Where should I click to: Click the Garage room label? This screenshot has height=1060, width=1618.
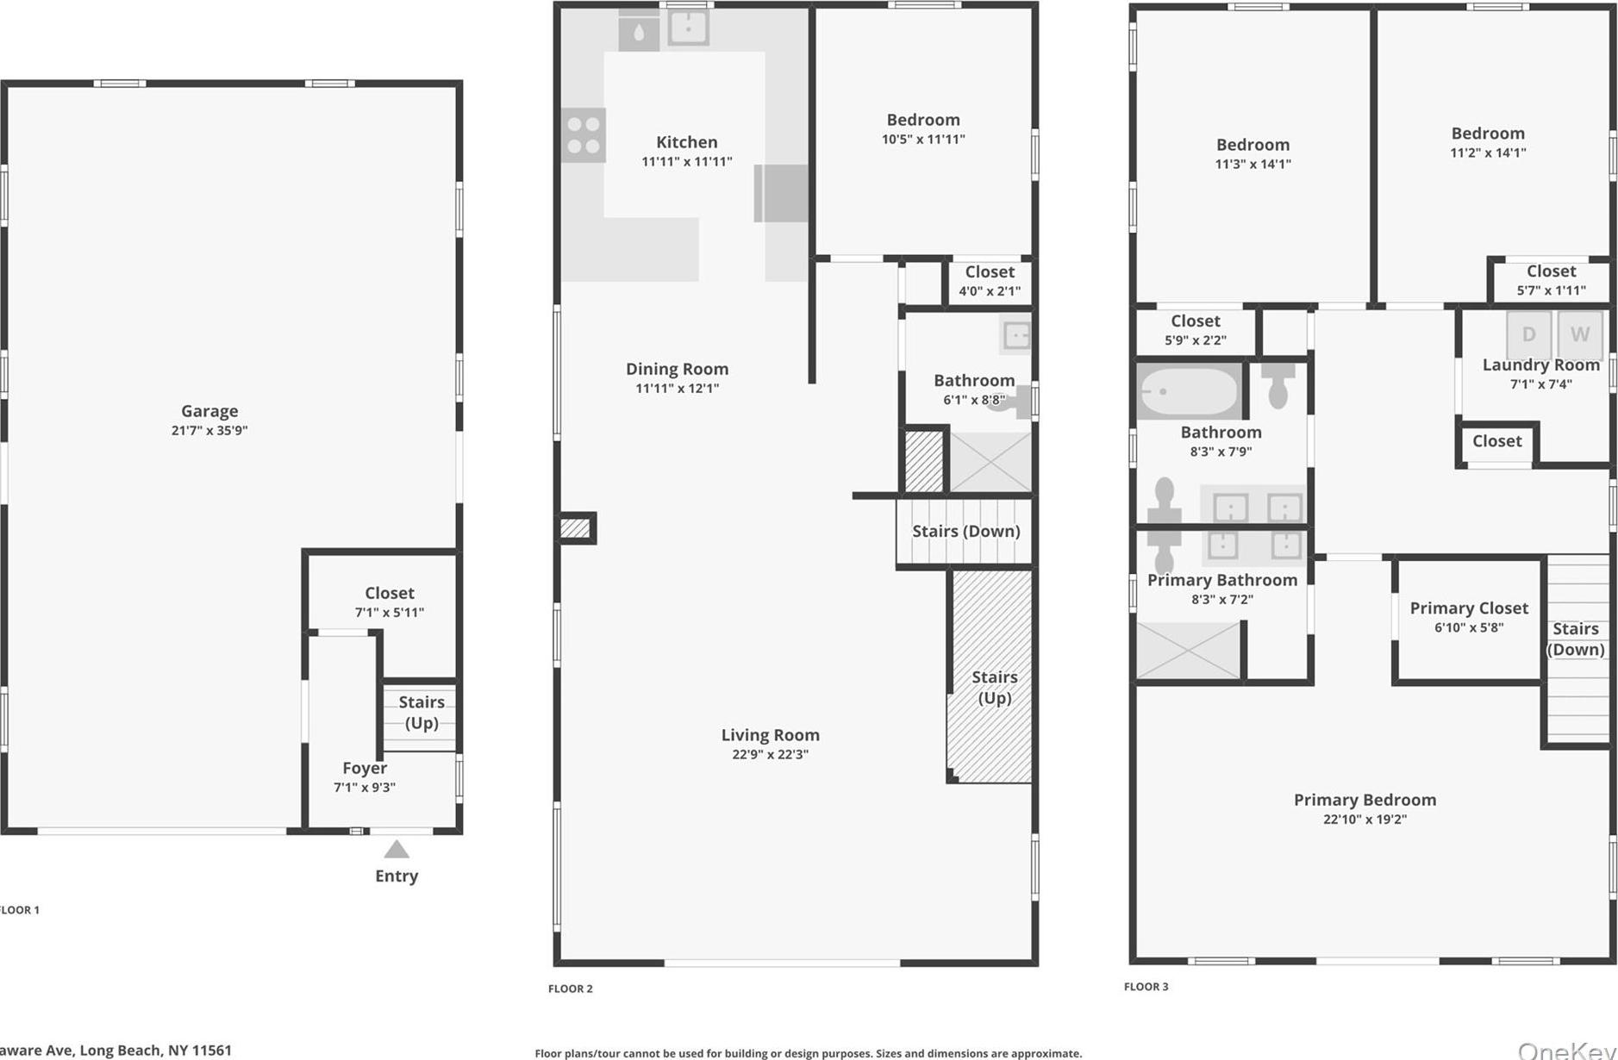(x=209, y=411)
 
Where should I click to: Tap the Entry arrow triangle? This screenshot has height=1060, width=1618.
(x=397, y=850)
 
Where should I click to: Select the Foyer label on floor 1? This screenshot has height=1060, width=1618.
(x=364, y=768)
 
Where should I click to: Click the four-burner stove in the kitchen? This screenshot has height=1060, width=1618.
(x=584, y=135)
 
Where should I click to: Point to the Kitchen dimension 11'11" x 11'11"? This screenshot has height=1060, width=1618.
(x=686, y=161)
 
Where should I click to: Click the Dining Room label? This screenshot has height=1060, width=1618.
(x=677, y=369)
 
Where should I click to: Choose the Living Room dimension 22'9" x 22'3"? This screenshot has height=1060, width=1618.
(x=770, y=754)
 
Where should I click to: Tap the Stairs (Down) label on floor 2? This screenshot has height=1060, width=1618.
(x=965, y=531)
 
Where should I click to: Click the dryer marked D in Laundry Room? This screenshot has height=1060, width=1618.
(x=1528, y=334)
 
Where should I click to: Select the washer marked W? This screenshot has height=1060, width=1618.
(x=1579, y=334)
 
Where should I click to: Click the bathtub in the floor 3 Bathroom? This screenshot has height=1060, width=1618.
(x=1189, y=391)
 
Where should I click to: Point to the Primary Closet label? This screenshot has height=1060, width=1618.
(x=1468, y=608)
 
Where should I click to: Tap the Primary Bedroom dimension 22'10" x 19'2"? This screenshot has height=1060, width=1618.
(x=1365, y=819)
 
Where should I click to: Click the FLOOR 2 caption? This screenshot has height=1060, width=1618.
(x=571, y=988)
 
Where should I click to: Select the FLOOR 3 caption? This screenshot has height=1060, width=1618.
(x=1146, y=987)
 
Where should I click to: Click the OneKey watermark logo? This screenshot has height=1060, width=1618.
(x=1566, y=1050)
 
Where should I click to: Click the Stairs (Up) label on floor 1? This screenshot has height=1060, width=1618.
(x=422, y=713)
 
